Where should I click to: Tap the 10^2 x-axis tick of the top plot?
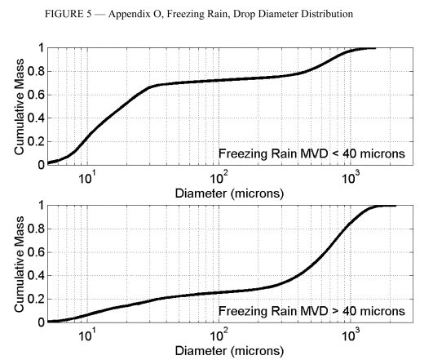coord(219,175)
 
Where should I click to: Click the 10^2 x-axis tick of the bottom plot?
coord(219,332)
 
